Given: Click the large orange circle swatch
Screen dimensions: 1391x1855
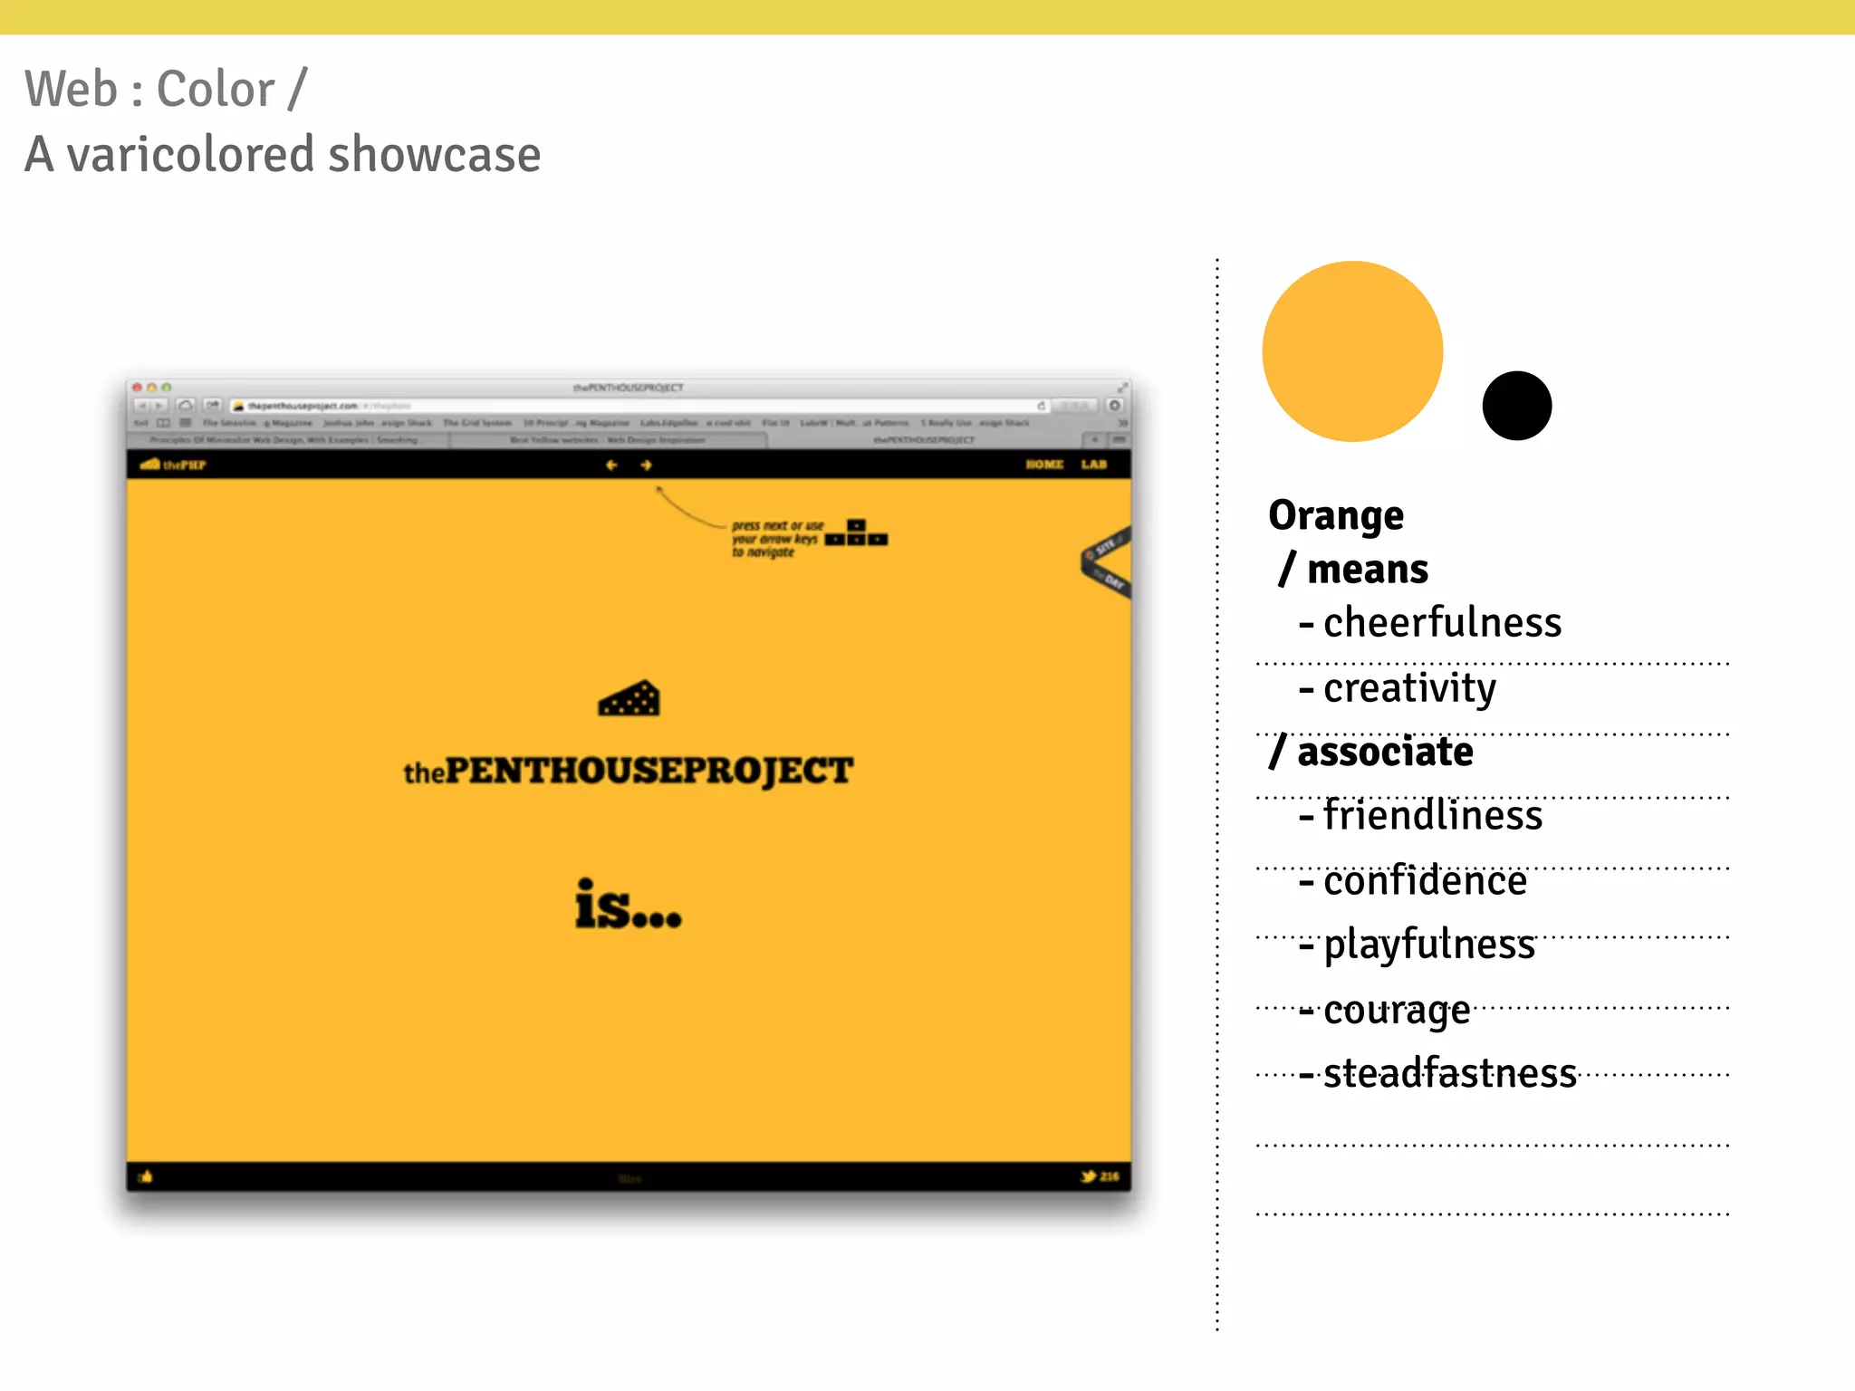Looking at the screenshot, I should tap(1352, 351).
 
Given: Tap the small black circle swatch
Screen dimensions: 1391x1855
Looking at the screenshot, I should tap(1516, 406).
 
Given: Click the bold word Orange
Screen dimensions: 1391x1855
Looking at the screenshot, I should tap(1336, 516).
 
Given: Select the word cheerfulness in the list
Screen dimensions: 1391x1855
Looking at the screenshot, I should tap(1442, 623).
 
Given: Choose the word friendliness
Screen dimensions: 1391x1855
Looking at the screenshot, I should tap(1433, 815).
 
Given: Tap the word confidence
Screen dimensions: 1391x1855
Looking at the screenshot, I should tap(1425, 881).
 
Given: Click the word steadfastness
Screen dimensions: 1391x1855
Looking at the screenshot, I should tap(1450, 1074).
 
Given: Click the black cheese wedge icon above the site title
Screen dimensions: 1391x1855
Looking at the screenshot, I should tap(629, 698).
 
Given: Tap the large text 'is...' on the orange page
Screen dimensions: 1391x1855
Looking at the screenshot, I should tap(628, 906).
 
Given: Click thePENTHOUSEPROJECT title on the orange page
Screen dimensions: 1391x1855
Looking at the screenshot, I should tap(628, 772).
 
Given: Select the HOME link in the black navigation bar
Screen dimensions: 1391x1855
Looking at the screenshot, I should tap(1044, 465).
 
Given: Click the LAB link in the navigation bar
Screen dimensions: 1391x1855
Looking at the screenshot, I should tap(1093, 465).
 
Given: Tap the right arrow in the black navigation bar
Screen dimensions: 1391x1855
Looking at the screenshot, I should tap(646, 465).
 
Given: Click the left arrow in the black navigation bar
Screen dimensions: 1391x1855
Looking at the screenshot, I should tap(611, 465).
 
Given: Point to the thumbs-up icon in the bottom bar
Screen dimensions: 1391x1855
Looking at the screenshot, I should tap(146, 1176).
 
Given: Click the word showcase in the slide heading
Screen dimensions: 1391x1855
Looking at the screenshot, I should tap(435, 155).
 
